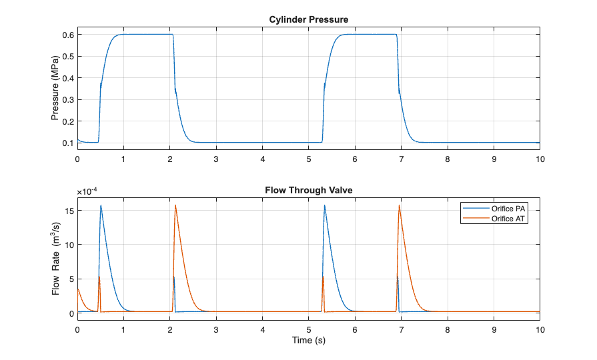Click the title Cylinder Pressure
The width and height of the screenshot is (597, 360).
(308, 19)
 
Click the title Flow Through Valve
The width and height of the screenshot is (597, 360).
(308, 191)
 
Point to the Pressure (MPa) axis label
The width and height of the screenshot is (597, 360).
(55, 89)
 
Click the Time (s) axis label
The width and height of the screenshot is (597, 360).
(308, 341)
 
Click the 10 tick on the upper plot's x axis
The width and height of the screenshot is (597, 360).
(540, 159)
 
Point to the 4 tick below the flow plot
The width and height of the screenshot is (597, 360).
(263, 330)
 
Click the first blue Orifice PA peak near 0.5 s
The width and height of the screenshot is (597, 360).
(101, 205)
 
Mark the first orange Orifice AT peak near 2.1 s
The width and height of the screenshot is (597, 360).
(175, 205)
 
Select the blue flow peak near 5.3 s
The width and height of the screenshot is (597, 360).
(324, 205)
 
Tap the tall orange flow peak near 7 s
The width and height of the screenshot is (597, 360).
(399, 205)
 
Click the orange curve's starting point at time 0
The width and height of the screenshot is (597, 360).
(78, 288)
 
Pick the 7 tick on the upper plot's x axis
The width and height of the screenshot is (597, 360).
(401, 159)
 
